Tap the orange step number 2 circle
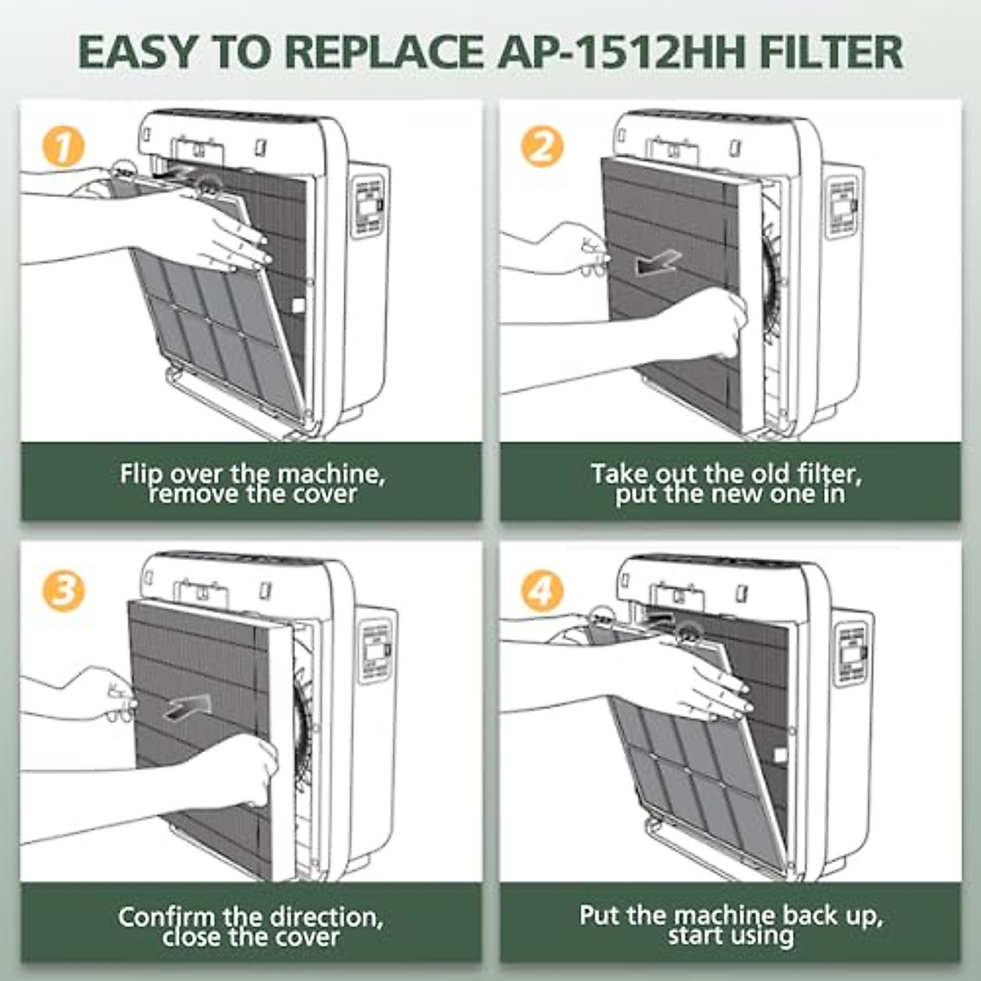pyautogui.click(x=542, y=147)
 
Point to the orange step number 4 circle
pyautogui.click(x=542, y=589)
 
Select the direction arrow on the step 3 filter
pyautogui.click(x=187, y=706)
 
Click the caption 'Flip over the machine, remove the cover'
pyautogui.click(x=252, y=483)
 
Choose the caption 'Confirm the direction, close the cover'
pyautogui.click(x=250, y=925)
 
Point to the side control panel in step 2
pyautogui.click(x=842, y=204)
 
